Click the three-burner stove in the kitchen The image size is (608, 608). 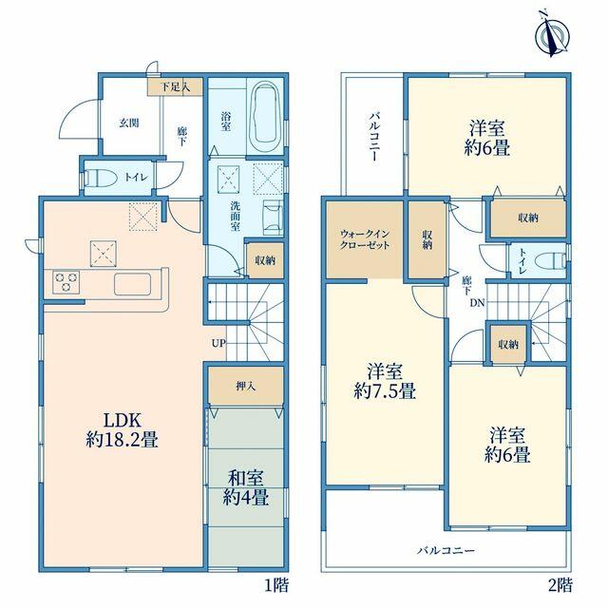coord(66,281)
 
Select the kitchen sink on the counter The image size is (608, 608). coord(132,284)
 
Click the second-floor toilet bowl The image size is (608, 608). coord(550,260)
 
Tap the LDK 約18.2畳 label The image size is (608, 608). coord(122,430)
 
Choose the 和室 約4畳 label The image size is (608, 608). coord(246,488)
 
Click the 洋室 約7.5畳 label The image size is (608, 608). coord(385,382)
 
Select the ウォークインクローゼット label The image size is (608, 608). coord(365,239)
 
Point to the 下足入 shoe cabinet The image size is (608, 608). coord(175,86)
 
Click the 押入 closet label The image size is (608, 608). coord(246,387)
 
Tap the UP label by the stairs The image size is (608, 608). coord(218,343)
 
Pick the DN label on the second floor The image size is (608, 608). coord(477,303)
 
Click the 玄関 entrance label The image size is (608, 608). coord(129,123)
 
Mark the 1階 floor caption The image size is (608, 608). coord(276,585)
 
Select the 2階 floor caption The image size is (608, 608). coord(560,585)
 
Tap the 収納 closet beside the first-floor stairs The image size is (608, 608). coord(265,260)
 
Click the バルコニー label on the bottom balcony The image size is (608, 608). coord(446,551)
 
